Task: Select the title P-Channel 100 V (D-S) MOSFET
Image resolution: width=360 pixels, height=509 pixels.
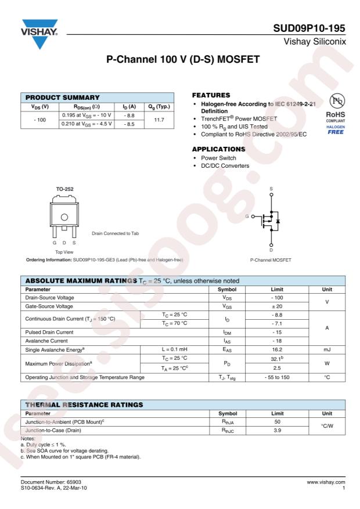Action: [x=180, y=60]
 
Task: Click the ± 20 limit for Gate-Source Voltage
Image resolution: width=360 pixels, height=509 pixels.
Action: [x=272, y=305]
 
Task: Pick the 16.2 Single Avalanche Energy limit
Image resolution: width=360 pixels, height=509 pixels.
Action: [x=272, y=351]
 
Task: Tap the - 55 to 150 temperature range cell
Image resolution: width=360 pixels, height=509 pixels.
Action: [x=272, y=378]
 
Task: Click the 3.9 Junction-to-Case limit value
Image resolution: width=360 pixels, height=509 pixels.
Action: [x=272, y=432]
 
